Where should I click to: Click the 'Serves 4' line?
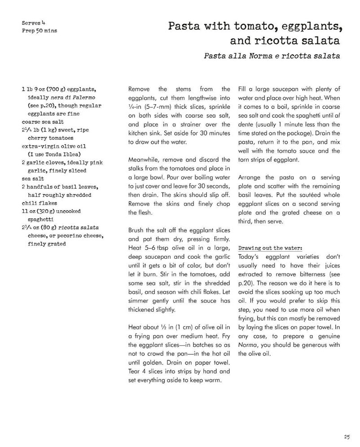pos(34,22)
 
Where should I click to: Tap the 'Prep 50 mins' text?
pos(40,31)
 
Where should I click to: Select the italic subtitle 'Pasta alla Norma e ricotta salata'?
pos(272,56)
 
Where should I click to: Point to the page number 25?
pos(347,436)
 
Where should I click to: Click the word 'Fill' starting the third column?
pos(242,89)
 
